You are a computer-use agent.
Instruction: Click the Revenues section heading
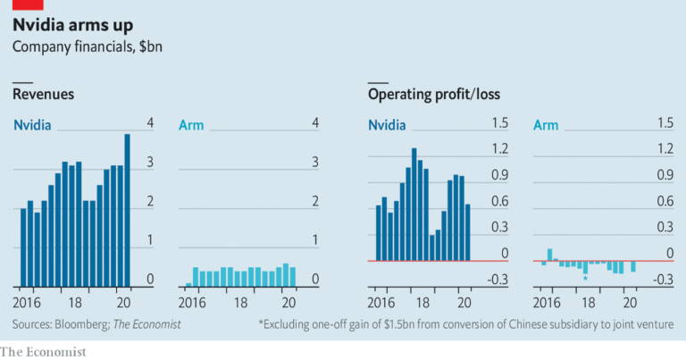(43, 94)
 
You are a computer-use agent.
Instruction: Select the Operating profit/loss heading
(434, 94)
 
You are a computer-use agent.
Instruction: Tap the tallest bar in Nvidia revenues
(127, 210)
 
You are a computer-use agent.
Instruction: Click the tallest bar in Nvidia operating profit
(414, 205)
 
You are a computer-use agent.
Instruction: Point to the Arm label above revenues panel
(192, 124)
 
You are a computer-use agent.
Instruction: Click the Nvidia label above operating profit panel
(387, 124)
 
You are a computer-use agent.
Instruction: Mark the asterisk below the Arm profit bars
(585, 280)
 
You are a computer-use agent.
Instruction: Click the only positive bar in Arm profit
(550, 255)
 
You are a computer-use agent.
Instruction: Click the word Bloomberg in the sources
(83, 323)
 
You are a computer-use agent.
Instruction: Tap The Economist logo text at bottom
(44, 351)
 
